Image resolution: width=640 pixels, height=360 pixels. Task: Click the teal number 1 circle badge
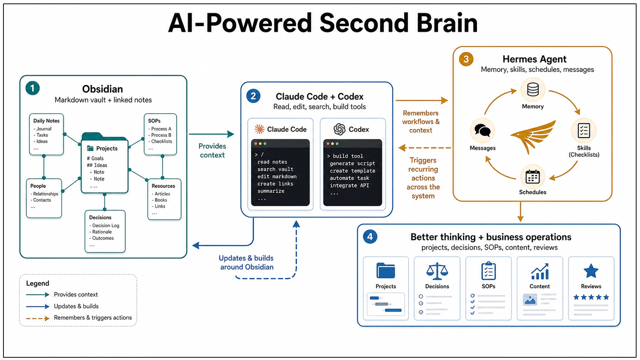click(x=33, y=88)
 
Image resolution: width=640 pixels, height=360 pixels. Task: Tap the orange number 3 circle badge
click(x=466, y=59)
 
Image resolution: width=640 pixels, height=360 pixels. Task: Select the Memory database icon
click(x=533, y=90)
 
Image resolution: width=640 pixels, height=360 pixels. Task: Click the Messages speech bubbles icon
click(x=483, y=130)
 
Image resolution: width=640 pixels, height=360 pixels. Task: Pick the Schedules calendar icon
click(x=532, y=176)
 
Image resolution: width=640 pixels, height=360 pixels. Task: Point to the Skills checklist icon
click(x=584, y=131)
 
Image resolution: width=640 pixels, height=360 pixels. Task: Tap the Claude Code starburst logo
click(x=260, y=129)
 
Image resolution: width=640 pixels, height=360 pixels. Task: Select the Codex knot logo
click(x=340, y=129)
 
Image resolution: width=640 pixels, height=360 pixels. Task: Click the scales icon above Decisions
click(x=437, y=271)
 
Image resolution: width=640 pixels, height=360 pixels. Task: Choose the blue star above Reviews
click(x=591, y=270)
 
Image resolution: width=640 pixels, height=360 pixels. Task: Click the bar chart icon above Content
click(x=540, y=271)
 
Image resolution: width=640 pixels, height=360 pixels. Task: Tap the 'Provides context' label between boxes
click(x=212, y=150)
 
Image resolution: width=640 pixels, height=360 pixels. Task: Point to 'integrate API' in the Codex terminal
click(x=349, y=185)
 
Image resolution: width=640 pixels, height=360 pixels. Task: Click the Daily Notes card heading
click(x=46, y=121)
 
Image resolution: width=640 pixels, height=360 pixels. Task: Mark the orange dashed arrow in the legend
click(x=38, y=318)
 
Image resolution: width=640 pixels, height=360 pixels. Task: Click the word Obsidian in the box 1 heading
click(x=103, y=89)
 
